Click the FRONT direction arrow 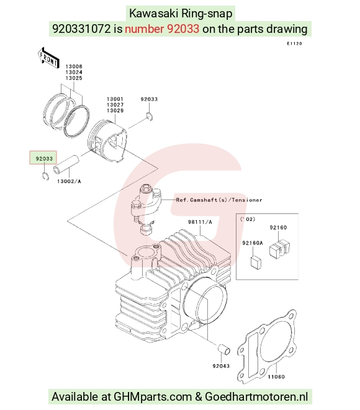pos(48,58)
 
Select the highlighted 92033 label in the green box pos(44,159)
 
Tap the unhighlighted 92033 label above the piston pos(149,99)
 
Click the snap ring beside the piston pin pos(45,176)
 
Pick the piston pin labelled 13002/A pos(66,164)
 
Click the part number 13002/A pos(69,181)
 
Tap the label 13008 pos(74,66)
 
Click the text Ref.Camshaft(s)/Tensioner pos(219,200)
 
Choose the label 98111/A pos(200,222)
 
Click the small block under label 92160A pos(256,262)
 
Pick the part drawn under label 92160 pos(279,249)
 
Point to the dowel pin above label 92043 pos(224,349)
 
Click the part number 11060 pos(276,377)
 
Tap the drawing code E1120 pos(294,43)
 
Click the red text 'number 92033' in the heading pos(162,29)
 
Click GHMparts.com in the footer pos(153,397)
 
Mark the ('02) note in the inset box pos(248,219)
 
